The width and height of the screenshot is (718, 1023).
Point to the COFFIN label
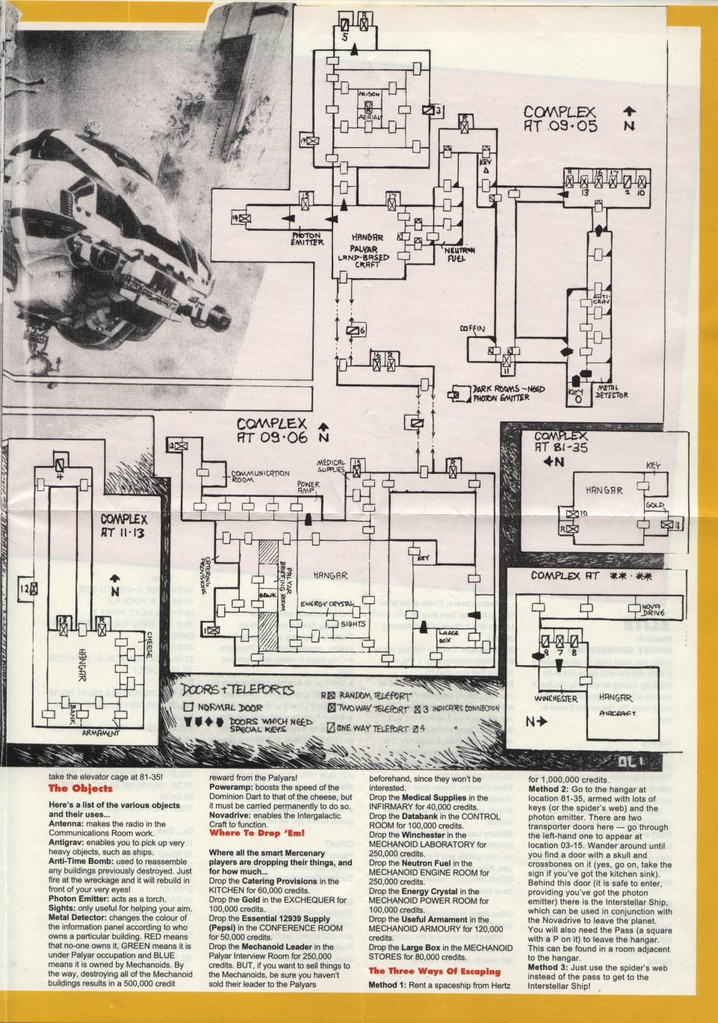coord(473,328)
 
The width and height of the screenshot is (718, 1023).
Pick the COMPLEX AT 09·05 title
coord(561,120)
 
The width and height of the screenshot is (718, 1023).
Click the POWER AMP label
coord(308,489)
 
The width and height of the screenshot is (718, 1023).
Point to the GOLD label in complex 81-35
coord(655,507)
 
